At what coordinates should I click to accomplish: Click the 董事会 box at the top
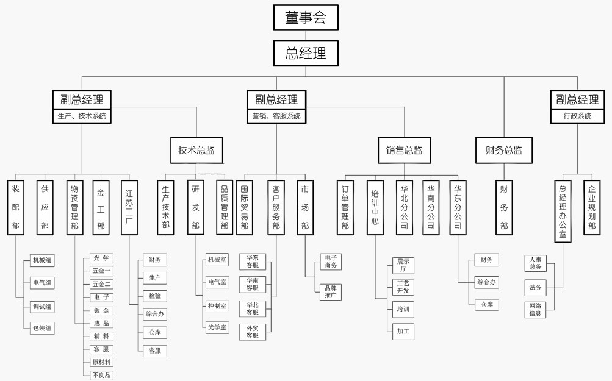(305, 18)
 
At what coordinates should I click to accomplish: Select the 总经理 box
(305, 53)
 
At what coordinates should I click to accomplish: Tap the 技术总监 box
(196, 150)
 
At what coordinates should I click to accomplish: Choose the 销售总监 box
(404, 150)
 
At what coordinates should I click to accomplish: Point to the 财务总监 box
(503, 150)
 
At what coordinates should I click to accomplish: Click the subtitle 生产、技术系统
(81, 116)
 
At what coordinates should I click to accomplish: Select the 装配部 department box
(16, 207)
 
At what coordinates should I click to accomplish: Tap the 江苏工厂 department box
(129, 207)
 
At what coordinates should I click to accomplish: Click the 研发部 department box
(196, 207)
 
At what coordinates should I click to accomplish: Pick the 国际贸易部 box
(245, 207)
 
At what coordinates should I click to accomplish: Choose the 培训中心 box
(375, 207)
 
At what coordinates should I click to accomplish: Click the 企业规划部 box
(591, 207)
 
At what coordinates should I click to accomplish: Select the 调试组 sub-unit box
(42, 306)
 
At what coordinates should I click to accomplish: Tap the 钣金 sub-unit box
(101, 310)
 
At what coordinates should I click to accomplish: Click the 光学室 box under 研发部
(217, 327)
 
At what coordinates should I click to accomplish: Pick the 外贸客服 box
(252, 332)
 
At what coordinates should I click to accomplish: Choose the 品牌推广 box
(330, 292)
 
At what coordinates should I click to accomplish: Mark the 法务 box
(535, 287)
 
